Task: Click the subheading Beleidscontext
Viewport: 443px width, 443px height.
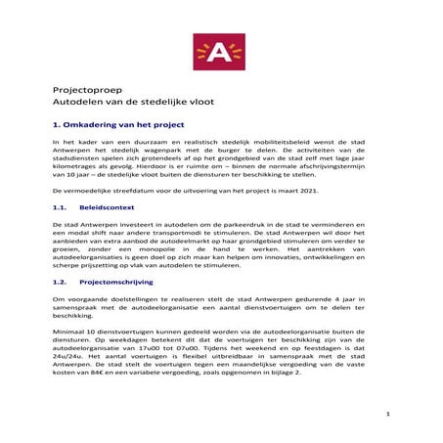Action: pyautogui.click(x=108, y=208)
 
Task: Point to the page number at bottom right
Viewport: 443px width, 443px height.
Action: pyautogui.click(x=387, y=415)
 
